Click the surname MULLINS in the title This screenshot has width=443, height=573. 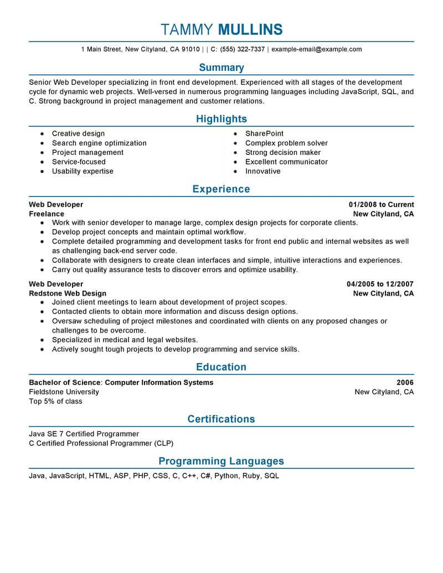[250, 29]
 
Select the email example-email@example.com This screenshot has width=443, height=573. [317, 49]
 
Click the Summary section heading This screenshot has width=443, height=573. [221, 68]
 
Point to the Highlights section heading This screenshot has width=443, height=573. [221, 119]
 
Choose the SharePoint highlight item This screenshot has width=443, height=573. [264, 133]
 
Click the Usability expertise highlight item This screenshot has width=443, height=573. [83, 171]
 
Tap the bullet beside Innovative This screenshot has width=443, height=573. [235, 172]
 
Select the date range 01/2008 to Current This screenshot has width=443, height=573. [381, 205]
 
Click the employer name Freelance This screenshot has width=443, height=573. [47, 214]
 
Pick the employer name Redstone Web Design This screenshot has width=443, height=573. [68, 293]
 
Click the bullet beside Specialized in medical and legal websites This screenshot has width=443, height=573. [42, 340]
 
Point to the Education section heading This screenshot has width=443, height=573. [221, 367]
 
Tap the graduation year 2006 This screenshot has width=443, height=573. [405, 383]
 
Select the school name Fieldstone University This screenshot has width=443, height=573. [64, 392]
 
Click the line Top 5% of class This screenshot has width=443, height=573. [55, 401]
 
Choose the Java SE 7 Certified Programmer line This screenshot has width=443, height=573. [84, 434]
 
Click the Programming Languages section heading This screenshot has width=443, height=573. [221, 461]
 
